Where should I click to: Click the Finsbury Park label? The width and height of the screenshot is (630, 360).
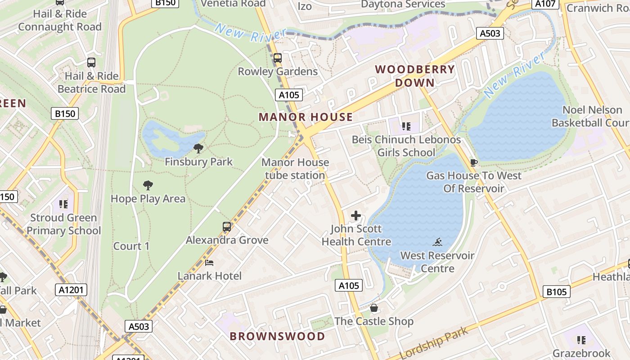pyautogui.click(x=198, y=162)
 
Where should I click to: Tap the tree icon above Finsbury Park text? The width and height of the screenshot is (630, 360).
pyautogui.click(x=198, y=148)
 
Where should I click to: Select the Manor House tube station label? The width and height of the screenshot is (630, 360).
pyautogui.click(x=295, y=169)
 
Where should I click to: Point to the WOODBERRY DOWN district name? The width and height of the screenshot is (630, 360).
pyautogui.click(x=415, y=76)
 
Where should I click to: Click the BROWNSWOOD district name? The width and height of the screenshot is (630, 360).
pyautogui.click(x=277, y=336)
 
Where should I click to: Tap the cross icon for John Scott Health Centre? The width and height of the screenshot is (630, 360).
pyautogui.click(x=356, y=216)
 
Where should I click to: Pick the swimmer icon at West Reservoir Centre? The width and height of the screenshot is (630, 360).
pyautogui.click(x=437, y=243)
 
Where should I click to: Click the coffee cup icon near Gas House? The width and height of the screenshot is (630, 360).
pyautogui.click(x=473, y=162)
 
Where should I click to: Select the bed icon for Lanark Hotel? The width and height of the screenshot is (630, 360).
pyautogui.click(x=209, y=263)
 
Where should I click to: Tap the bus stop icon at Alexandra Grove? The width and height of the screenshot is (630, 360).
pyautogui.click(x=227, y=227)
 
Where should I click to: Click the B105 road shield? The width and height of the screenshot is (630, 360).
pyautogui.click(x=556, y=292)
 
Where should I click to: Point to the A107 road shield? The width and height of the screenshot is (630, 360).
pyautogui.click(x=545, y=4)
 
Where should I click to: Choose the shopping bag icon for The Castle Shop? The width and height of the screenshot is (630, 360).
pyautogui.click(x=373, y=308)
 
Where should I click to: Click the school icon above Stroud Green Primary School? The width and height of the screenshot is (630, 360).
pyautogui.click(x=63, y=204)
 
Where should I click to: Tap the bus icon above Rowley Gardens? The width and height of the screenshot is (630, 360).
pyautogui.click(x=278, y=58)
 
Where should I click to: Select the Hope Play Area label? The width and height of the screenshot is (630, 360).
pyautogui.click(x=148, y=198)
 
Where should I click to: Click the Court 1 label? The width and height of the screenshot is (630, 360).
pyautogui.click(x=131, y=246)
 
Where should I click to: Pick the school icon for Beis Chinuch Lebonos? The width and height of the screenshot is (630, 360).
pyautogui.click(x=406, y=126)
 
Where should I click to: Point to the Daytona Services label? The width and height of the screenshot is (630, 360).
pyautogui.click(x=403, y=4)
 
